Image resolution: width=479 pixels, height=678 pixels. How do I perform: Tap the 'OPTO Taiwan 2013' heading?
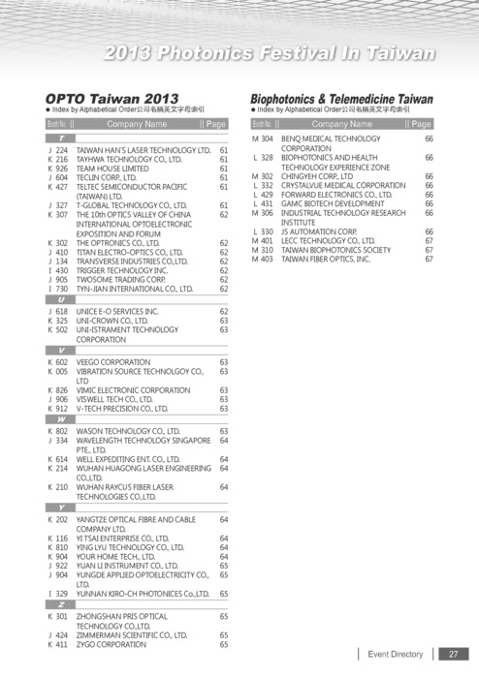click(x=112, y=99)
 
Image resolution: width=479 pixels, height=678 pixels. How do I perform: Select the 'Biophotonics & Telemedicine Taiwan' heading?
click(x=341, y=99)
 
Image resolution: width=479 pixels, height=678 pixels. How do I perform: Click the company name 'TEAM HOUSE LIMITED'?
click(x=112, y=169)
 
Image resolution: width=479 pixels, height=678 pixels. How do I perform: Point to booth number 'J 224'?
click(x=58, y=151)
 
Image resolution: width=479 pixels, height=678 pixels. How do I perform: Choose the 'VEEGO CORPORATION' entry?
click(x=113, y=360)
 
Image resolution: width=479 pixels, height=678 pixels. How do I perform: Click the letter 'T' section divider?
click(x=62, y=139)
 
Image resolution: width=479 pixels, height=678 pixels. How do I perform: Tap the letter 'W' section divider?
click(x=62, y=418)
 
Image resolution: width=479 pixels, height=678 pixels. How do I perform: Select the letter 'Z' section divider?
click(x=62, y=603)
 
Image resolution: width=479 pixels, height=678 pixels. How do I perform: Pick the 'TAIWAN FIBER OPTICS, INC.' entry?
click(x=326, y=259)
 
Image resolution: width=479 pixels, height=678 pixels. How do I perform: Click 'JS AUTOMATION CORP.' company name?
click(x=319, y=231)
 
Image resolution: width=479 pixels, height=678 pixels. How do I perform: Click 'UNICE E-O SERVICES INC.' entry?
click(x=117, y=310)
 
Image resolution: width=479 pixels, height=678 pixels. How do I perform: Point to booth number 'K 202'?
click(x=58, y=519)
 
